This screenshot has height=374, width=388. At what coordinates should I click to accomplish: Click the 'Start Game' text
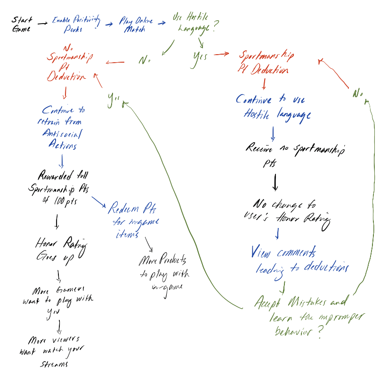[23, 24]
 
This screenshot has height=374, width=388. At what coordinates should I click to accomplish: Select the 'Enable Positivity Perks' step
[76, 24]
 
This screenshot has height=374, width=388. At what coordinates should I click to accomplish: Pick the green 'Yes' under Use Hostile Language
[201, 57]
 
